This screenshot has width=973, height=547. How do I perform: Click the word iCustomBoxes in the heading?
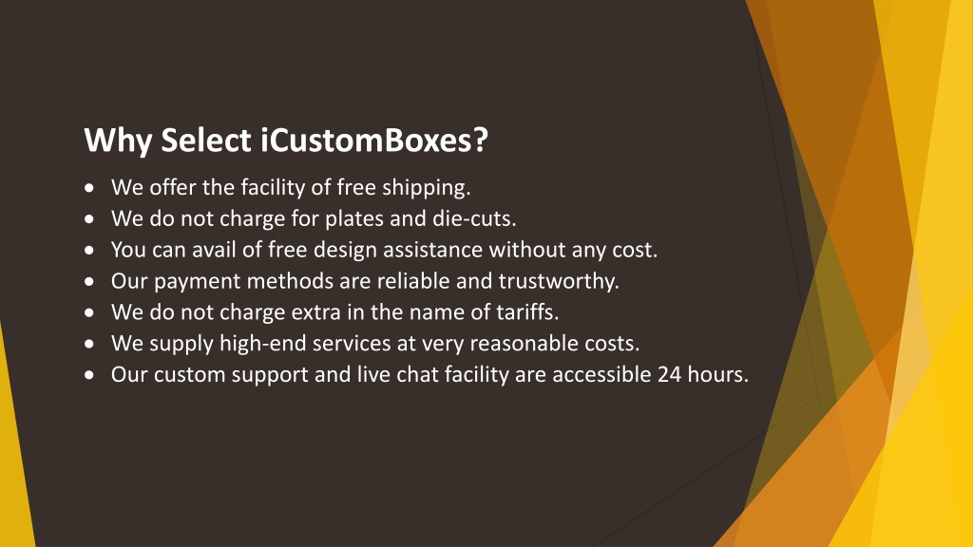point(366,141)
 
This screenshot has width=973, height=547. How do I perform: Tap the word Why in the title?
point(118,141)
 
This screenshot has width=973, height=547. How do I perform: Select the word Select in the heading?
point(206,141)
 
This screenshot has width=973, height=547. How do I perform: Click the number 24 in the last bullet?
point(670,374)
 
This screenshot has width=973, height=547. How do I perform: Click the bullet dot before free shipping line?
point(90,187)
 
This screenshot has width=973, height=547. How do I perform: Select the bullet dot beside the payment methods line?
point(90,281)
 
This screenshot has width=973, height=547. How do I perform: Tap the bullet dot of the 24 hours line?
point(90,374)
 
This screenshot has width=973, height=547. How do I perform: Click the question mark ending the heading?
point(480,141)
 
